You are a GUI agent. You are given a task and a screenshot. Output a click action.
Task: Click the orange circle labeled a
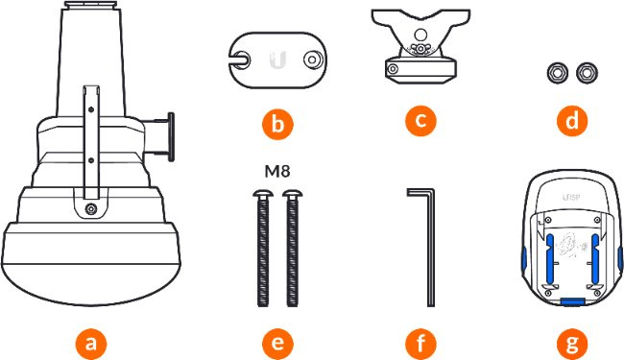[x=91, y=344]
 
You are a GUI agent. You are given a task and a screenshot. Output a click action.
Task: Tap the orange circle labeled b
[x=277, y=124]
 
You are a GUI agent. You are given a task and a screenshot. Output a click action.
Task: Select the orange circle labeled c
[x=420, y=120]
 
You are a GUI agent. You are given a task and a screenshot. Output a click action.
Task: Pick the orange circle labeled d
[x=572, y=120]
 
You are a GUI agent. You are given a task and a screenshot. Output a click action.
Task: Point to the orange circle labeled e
[x=277, y=344]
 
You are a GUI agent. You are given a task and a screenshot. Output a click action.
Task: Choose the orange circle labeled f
[x=420, y=344]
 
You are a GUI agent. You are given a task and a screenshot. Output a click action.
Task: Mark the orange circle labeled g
[x=572, y=344]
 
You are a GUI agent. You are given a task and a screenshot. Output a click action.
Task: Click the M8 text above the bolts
[x=277, y=172]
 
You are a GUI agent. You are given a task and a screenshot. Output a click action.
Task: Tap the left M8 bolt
[x=263, y=249]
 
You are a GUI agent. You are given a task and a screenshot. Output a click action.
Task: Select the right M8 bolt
[x=293, y=249]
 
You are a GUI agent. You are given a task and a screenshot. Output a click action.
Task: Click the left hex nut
[x=558, y=73]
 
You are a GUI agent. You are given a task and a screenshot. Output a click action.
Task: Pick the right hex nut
[x=587, y=73]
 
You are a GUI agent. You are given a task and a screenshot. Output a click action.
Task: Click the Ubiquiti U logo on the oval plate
[x=277, y=60]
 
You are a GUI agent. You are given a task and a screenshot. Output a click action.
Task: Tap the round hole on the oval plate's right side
[x=312, y=60]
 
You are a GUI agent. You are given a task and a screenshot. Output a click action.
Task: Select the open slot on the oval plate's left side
[x=241, y=60]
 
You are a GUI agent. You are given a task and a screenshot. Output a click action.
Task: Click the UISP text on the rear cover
[x=571, y=198]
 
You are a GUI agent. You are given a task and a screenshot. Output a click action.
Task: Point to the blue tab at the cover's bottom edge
[x=572, y=302]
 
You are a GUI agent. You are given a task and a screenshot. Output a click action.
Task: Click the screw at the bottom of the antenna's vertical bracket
[x=92, y=208]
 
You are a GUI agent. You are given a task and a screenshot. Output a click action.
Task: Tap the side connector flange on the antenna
[x=171, y=137]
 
